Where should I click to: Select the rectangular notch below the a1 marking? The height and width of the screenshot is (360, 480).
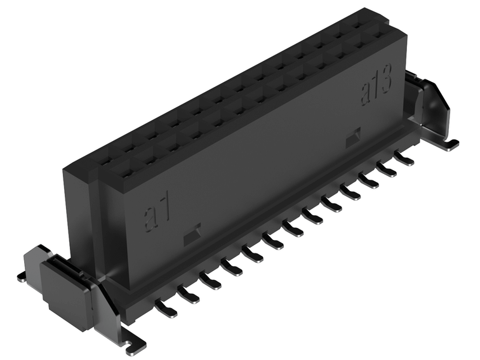(192, 236)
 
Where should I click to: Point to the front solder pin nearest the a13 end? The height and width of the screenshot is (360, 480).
(403, 157)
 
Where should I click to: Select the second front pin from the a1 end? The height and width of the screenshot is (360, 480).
(189, 293)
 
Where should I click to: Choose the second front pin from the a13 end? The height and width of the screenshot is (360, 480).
(386, 168)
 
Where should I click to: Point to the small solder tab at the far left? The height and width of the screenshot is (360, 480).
(23, 276)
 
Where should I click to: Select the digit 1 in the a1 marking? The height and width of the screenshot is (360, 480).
(164, 210)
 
